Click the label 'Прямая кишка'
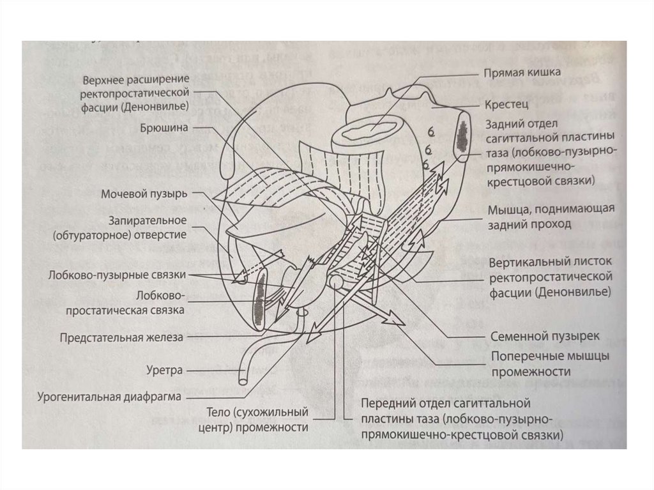522,72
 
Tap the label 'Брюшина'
164,127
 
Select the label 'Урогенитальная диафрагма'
109,396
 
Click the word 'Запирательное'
147,220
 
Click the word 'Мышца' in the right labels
506,209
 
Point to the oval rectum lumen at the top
367,132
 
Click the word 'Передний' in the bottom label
384,404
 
